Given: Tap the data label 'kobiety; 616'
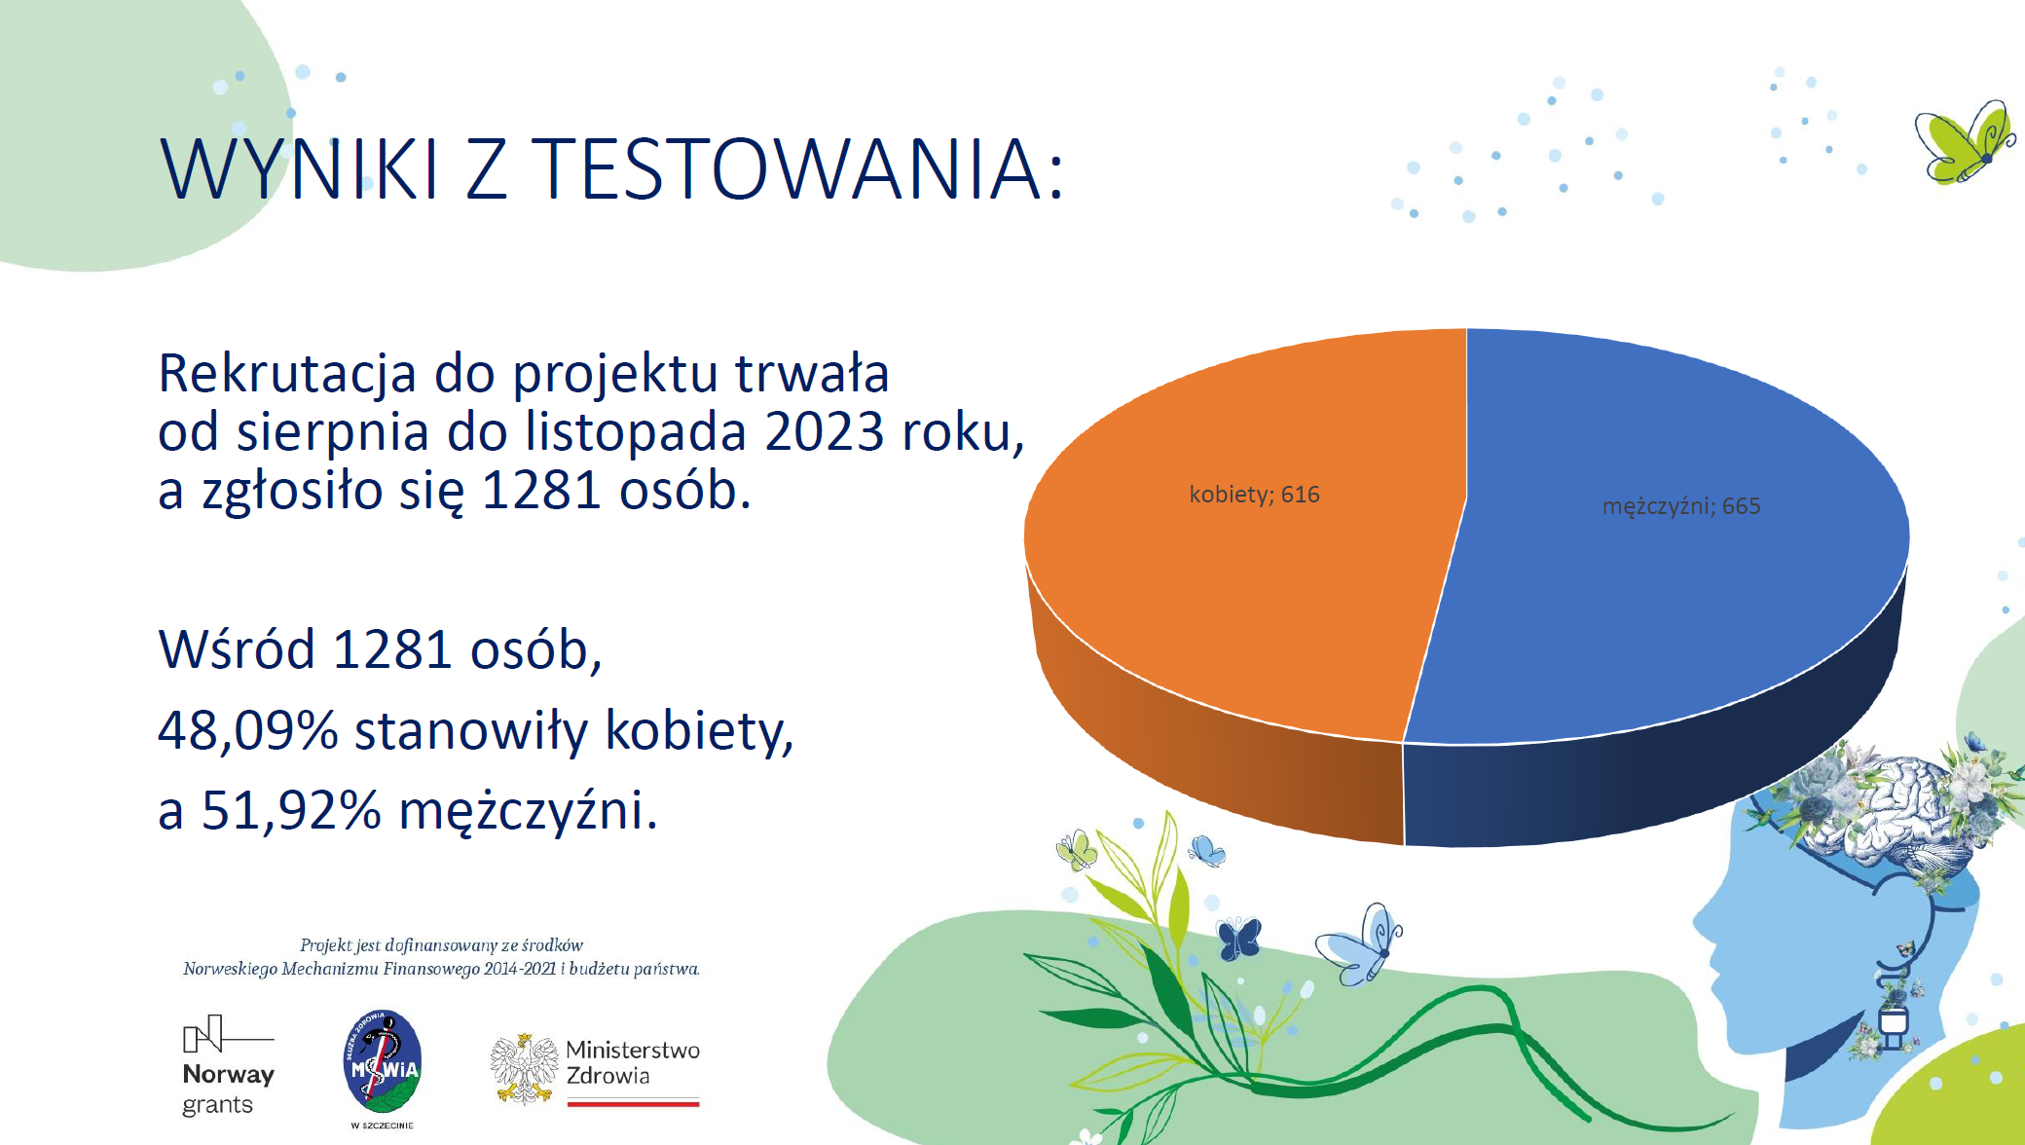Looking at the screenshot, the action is (x=1254, y=495).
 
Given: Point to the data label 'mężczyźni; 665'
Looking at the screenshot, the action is (x=1681, y=506).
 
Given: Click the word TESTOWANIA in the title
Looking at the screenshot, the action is (x=798, y=168).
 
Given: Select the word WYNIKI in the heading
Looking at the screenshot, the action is (x=300, y=168).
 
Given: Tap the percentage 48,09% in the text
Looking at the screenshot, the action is (x=247, y=730).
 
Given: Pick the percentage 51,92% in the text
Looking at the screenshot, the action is (x=291, y=810).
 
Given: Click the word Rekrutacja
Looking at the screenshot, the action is (x=287, y=374).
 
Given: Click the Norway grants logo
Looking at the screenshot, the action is (x=228, y=1066).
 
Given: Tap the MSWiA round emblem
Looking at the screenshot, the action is (x=383, y=1061).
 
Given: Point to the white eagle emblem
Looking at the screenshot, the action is (x=524, y=1069).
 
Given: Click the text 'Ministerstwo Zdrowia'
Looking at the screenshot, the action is (x=633, y=1062).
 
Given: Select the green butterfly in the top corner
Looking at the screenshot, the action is (x=1965, y=142).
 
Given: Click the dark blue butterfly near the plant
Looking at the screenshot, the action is (x=1239, y=939).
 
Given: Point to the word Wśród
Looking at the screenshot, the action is (x=237, y=649).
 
